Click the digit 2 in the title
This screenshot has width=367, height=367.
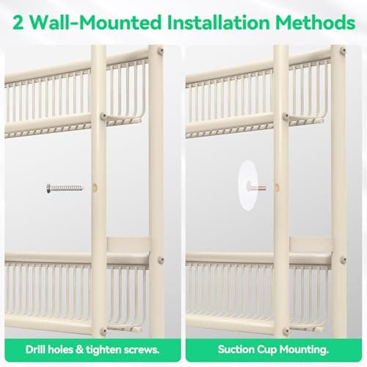tap(18, 22)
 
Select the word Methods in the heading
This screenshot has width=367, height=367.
tap(316, 22)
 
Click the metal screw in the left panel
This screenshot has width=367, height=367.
tap(65, 189)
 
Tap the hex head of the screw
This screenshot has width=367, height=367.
tap(48, 189)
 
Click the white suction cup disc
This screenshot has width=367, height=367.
tap(247, 185)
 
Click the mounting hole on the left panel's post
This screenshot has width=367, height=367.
tap(95, 188)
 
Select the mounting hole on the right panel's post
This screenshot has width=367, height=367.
tap(277, 188)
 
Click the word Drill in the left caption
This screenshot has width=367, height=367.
tap(35, 349)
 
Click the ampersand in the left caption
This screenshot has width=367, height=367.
tap(79, 349)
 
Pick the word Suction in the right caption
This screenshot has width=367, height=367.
tap(236, 349)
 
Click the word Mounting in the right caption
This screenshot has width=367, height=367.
tap(304, 350)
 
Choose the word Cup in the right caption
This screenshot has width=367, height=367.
tap(266, 350)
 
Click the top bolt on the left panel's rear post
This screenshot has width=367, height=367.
tap(161, 51)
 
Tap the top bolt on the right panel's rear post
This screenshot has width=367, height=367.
tap(343, 51)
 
